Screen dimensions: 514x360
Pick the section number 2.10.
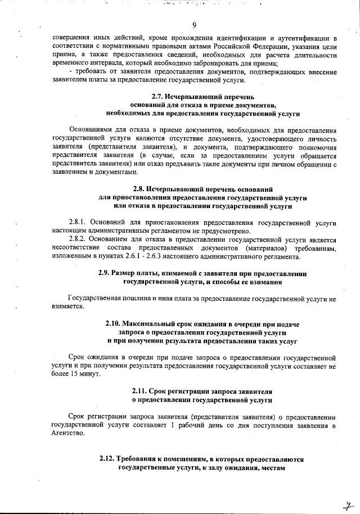coord(114,324)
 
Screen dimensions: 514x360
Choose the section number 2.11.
coord(140,391)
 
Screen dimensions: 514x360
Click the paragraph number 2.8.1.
coord(78,223)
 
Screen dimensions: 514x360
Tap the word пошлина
coord(133,298)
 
